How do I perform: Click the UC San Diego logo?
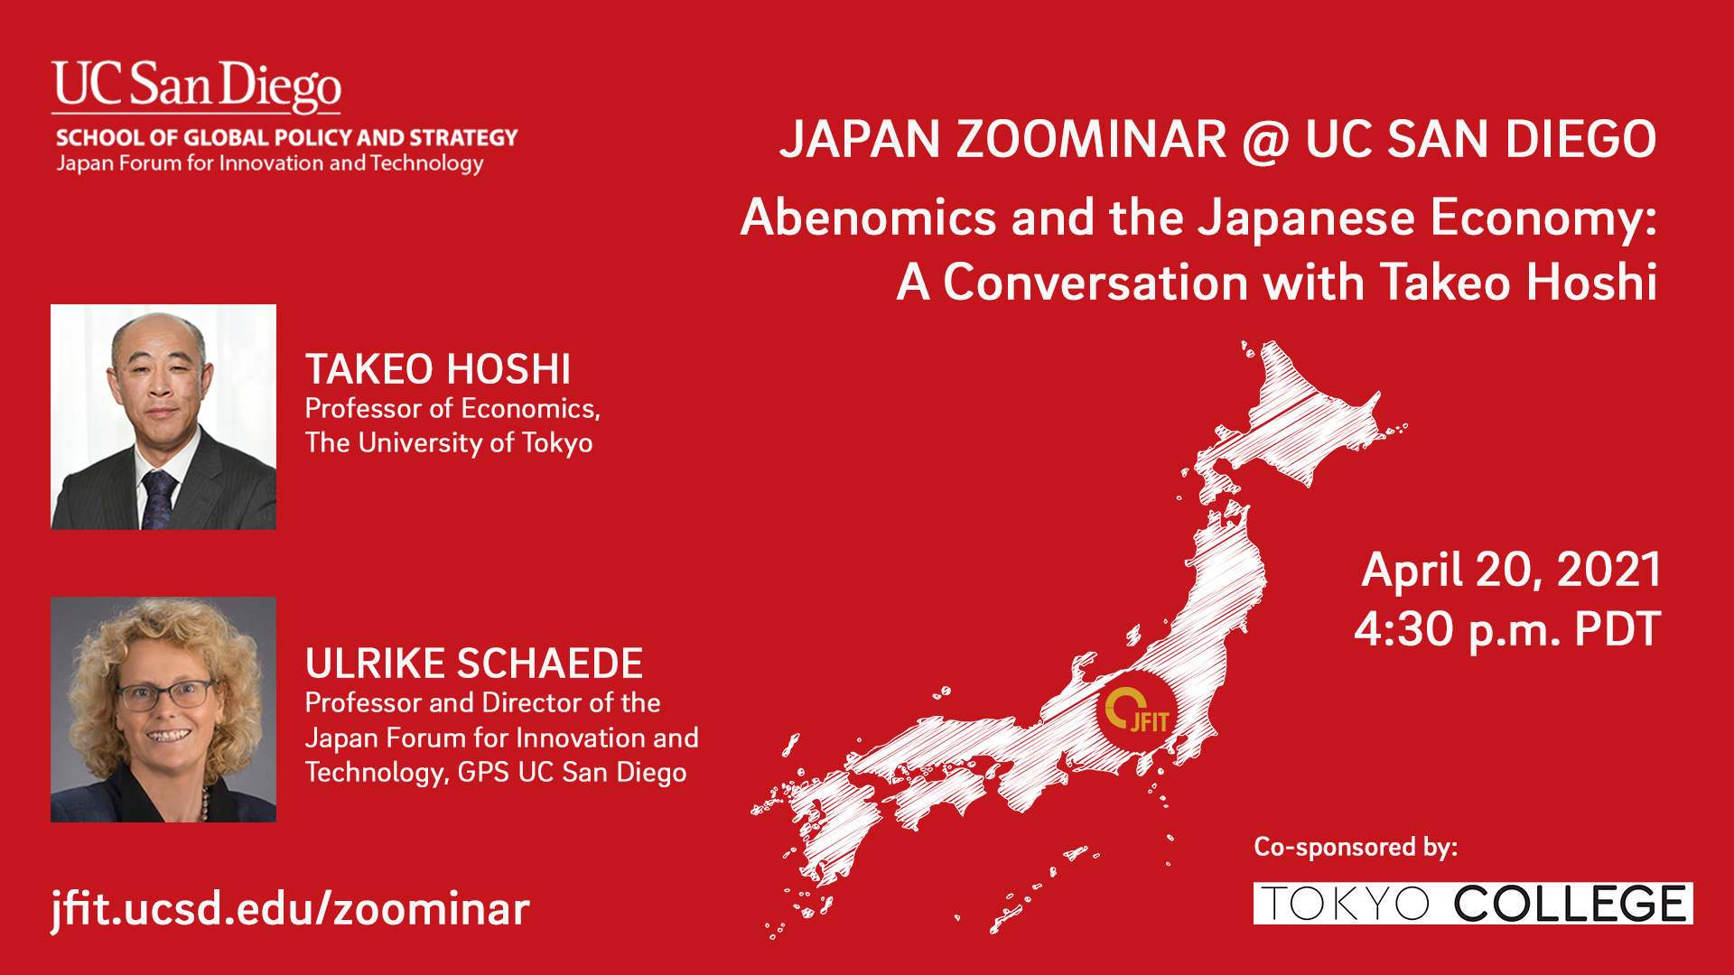(196, 87)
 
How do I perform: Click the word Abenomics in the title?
(868, 218)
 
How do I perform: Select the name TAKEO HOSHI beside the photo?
(438, 369)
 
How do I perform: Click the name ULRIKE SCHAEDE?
(474, 664)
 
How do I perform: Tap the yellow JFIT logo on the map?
(1138, 710)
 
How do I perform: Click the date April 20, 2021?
(1511, 571)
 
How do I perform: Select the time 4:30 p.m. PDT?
(1507, 629)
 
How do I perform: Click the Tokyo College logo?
(1473, 904)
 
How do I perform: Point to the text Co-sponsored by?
(1356, 847)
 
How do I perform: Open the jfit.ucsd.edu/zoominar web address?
(291, 908)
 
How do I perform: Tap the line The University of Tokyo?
(449, 443)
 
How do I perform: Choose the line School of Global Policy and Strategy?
(287, 138)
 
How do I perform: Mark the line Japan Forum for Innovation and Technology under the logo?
(270, 163)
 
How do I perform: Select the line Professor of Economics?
(452, 409)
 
